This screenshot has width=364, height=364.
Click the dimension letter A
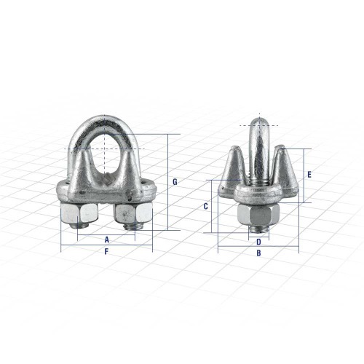click(106, 239)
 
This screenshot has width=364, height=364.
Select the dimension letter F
click(106, 252)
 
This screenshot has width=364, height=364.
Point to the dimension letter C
click(206, 207)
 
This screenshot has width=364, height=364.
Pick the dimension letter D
click(258, 242)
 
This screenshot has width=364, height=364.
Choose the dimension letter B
click(258, 253)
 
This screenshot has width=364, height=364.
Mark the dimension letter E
click(309, 175)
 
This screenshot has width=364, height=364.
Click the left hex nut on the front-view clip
click(75, 214)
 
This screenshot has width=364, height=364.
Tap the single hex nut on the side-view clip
click(258, 214)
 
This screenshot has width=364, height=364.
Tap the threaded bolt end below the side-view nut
click(258, 231)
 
